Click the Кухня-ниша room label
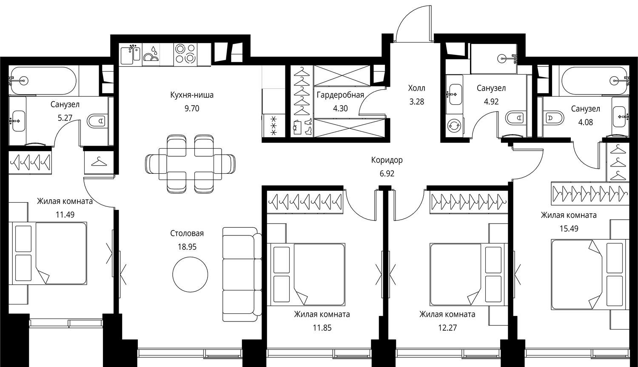192,95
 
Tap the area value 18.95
187,247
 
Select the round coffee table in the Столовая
190,274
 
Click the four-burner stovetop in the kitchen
185,54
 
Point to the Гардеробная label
340,95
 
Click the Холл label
417,88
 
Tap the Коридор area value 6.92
387,174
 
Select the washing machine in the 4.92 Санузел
453,126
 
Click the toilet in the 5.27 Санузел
97,121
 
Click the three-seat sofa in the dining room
242,275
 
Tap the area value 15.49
569,229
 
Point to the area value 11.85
322,328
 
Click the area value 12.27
447,328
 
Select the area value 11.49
65,215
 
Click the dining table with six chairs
190,164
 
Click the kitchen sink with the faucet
130,55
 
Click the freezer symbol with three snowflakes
273,126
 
